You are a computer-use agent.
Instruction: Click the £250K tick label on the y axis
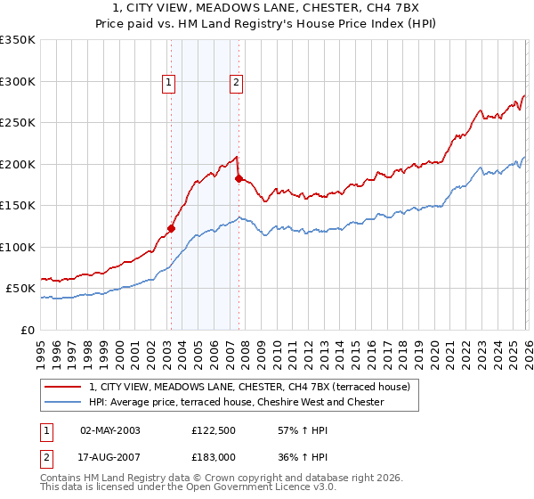coord(18,123)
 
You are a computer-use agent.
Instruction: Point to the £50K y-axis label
coord(20,289)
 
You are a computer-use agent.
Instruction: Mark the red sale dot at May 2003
coord(171,228)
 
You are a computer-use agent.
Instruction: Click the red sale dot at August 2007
coord(239,178)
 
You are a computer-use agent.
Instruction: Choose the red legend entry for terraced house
coord(249,387)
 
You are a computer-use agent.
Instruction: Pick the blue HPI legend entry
coord(236,402)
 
